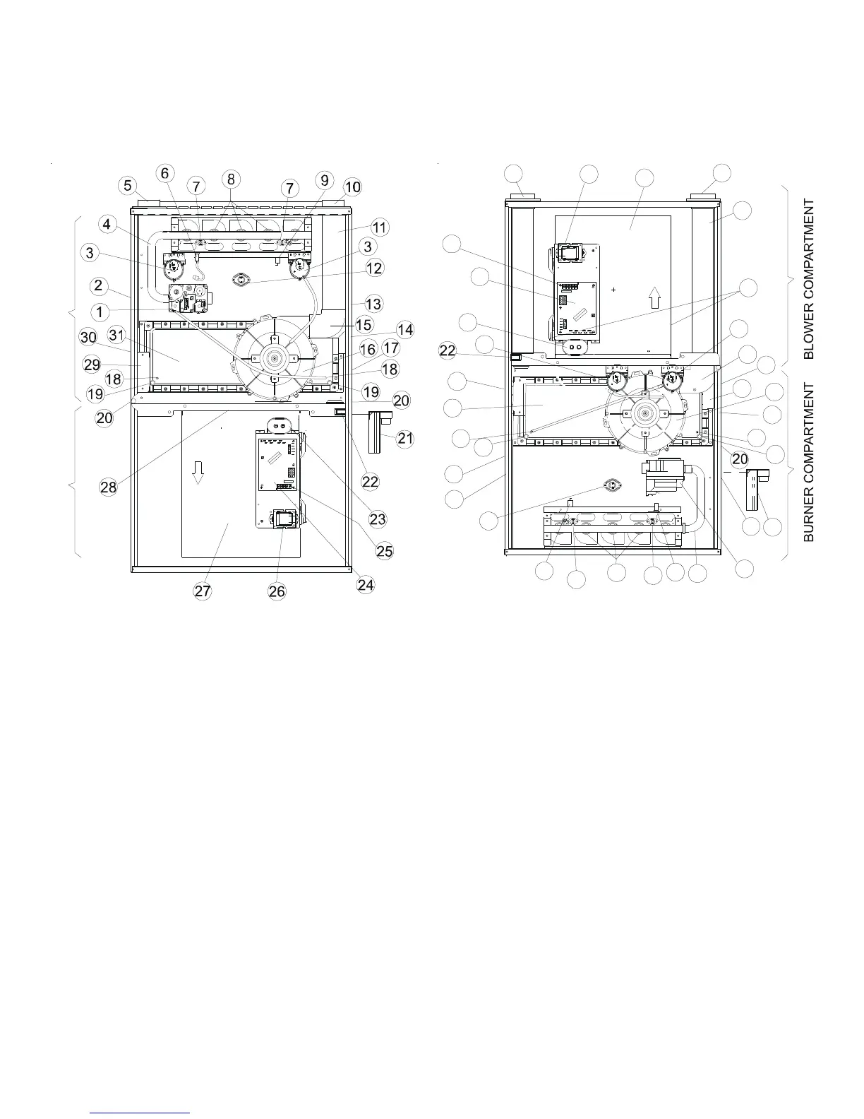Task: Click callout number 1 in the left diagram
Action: pyautogui.click(x=100, y=312)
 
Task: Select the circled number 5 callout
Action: pyautogui.click(x=127, y=186)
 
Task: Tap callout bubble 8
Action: pyautogui.click(x=231, y=179)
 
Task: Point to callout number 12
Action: pyautogui.click(x=374, y=268)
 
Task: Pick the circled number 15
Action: pyautogui.click(x=364, y=325)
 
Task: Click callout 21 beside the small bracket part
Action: pyautogui.click(x=405, y=439)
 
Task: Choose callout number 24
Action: pyautogui.click(x=366, y=584)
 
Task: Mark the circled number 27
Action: pyautogui.click(x=203, y=592)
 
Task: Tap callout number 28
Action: pyautogui.click(x=108, y=487)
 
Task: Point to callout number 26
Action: pyautogui.click(x=277, y=592)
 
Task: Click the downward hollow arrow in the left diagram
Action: pyautogui.click(x=198, y=472)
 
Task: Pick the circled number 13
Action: pyautogui.click(x=373, y=304)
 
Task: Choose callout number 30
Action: pyautogui.click(x=88, y=338)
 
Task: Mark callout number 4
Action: pyautogui.click(x=107, y=225)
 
